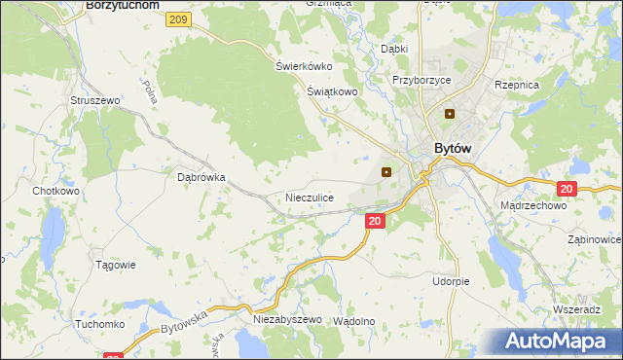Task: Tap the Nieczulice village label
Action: (x=310, y=198)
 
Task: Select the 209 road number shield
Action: (x=176, y=19)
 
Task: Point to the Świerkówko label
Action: (x=304, y=66)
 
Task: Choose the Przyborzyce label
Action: (x=421, y=81)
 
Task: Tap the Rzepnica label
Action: (x=517, y=86)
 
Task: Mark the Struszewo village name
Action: (x=94, y=100)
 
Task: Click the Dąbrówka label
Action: (x=202, y=178)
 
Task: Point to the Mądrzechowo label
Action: (x=532, y=206)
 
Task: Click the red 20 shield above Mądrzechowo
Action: (x=568, y=189)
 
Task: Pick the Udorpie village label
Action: (x=451, y=281)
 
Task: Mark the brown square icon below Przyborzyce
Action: (x=450, y=114)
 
